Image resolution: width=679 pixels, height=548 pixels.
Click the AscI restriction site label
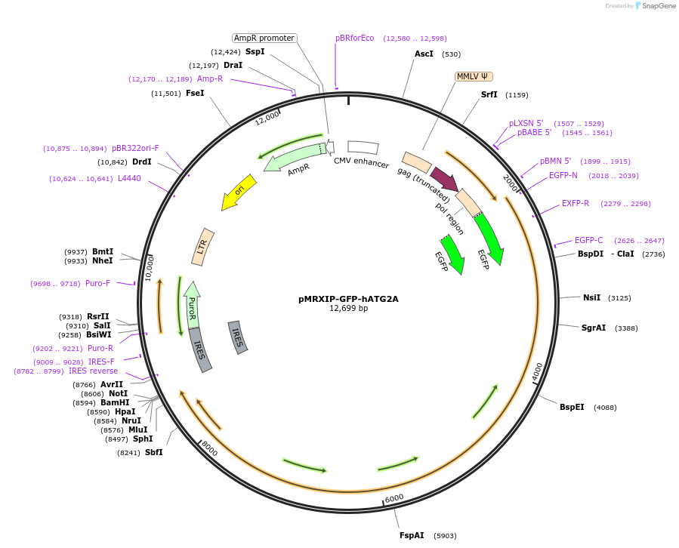pyautogui.click(x=424, y=54)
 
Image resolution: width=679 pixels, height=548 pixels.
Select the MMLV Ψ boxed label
pyautogui.click(x=474, y=76)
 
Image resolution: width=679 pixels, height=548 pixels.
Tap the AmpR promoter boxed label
pyautogui.click(x=264, y=38)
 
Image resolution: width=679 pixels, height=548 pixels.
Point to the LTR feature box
pyautogui.click(x=203, y=246)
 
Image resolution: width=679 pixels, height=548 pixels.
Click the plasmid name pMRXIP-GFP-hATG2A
pyautogui.click(x=348, y=298)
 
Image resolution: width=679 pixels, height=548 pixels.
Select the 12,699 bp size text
pyautogui.click(x=348, y=308)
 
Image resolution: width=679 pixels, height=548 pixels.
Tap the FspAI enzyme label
pyautogui.click(x=412, y=535)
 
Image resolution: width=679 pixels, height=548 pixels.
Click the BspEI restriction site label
pyautogui.click(x=572, y=407)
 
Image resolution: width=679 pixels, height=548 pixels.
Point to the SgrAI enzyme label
pyautogui.click(x=594, y=328)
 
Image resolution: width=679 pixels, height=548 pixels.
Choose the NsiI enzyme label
pyautogui.click(x=591, y=297)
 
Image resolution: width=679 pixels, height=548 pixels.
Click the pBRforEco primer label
pyautogui.click(x=354, y=38)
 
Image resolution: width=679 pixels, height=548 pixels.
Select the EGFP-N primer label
pyautogui.click(x=563, y=175)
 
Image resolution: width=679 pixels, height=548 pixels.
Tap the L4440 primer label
pyautogui.click(x=129, y=178)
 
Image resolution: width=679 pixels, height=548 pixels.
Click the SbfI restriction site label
pyautogui.click(x=153, y=452)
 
